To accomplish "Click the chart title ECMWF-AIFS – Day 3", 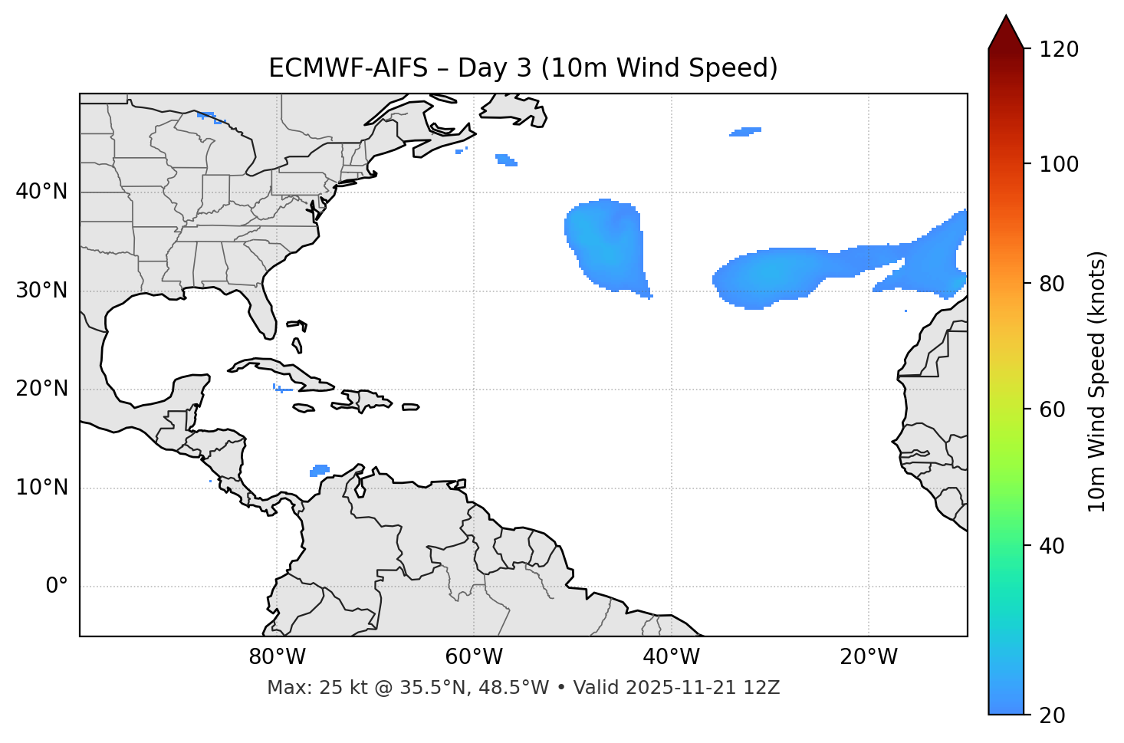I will tap(523, 68).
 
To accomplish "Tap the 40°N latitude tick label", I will tap(41, 192).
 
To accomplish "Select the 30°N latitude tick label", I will tap(41, 291).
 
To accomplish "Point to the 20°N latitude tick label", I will tap(41, 389).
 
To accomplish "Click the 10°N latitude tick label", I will tap(41, 488).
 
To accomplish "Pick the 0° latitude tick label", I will tap(57, 587).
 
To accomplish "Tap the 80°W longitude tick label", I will tap(277, 657).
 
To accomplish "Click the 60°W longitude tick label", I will tap(474, 657).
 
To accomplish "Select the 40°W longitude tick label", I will tap(671, 657).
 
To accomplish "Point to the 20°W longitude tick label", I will tap(869, 657).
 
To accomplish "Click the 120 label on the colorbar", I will tap(1059, 50).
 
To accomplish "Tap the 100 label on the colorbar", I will tap(1059, 164).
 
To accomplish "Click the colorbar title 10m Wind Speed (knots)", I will tap(1097, 381).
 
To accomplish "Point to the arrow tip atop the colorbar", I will tap(1006, 16).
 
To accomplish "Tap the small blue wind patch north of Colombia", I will tap(320, 469).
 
